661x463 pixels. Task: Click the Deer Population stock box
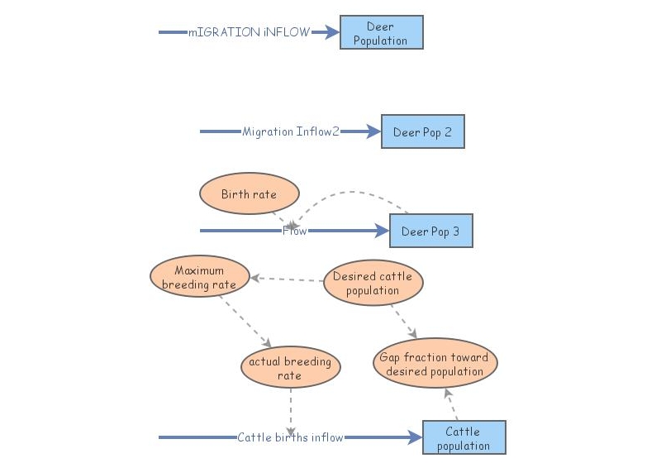click(381, 33)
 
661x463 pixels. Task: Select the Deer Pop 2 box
click(422, 131)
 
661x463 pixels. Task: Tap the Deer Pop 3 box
click(430, 231)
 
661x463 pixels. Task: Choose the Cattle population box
click(464, 437)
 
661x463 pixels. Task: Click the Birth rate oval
click(249, 195)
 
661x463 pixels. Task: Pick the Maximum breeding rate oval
click(199, 278)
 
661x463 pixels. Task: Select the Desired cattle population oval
click(373, 284)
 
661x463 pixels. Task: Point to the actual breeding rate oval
click(290, 368)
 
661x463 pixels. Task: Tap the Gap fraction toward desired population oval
click(434, 365)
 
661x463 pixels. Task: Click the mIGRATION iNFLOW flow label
click(249, 32)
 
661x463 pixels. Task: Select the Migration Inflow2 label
click(291, 131)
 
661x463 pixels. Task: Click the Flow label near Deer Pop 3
click(295, 231)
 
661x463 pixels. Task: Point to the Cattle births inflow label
click(290, 437)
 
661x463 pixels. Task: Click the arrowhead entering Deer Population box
click(331, 32)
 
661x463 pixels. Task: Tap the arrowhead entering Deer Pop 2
click(373, 131)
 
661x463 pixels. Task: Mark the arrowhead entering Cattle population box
click(414, 437)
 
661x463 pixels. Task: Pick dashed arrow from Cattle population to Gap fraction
click(451, 404)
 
